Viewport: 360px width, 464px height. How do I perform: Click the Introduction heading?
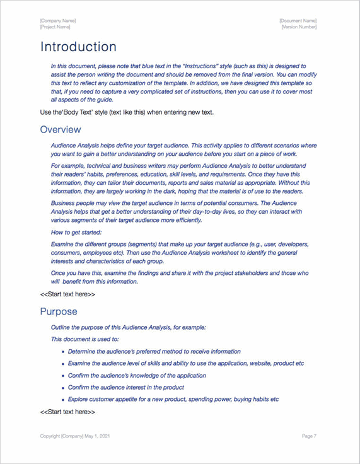pos(78,47)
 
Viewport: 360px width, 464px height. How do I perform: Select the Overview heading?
pos(61,129)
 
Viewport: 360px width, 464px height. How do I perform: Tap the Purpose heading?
pos(59,311)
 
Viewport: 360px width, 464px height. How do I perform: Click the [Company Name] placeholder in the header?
pos(58,21)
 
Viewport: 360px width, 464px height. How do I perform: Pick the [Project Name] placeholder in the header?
pos(55,27)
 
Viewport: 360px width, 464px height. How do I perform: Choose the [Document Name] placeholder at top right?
pos(298,21)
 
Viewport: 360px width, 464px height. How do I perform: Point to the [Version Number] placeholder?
pos(299,27)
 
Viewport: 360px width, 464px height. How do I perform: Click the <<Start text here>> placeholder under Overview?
pos(67,294)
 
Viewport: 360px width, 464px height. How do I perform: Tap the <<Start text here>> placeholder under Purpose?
pos(67,412)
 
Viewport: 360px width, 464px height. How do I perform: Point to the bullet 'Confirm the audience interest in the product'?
pos(126,388)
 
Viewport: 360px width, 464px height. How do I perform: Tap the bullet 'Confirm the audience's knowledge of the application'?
pos(137,376)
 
